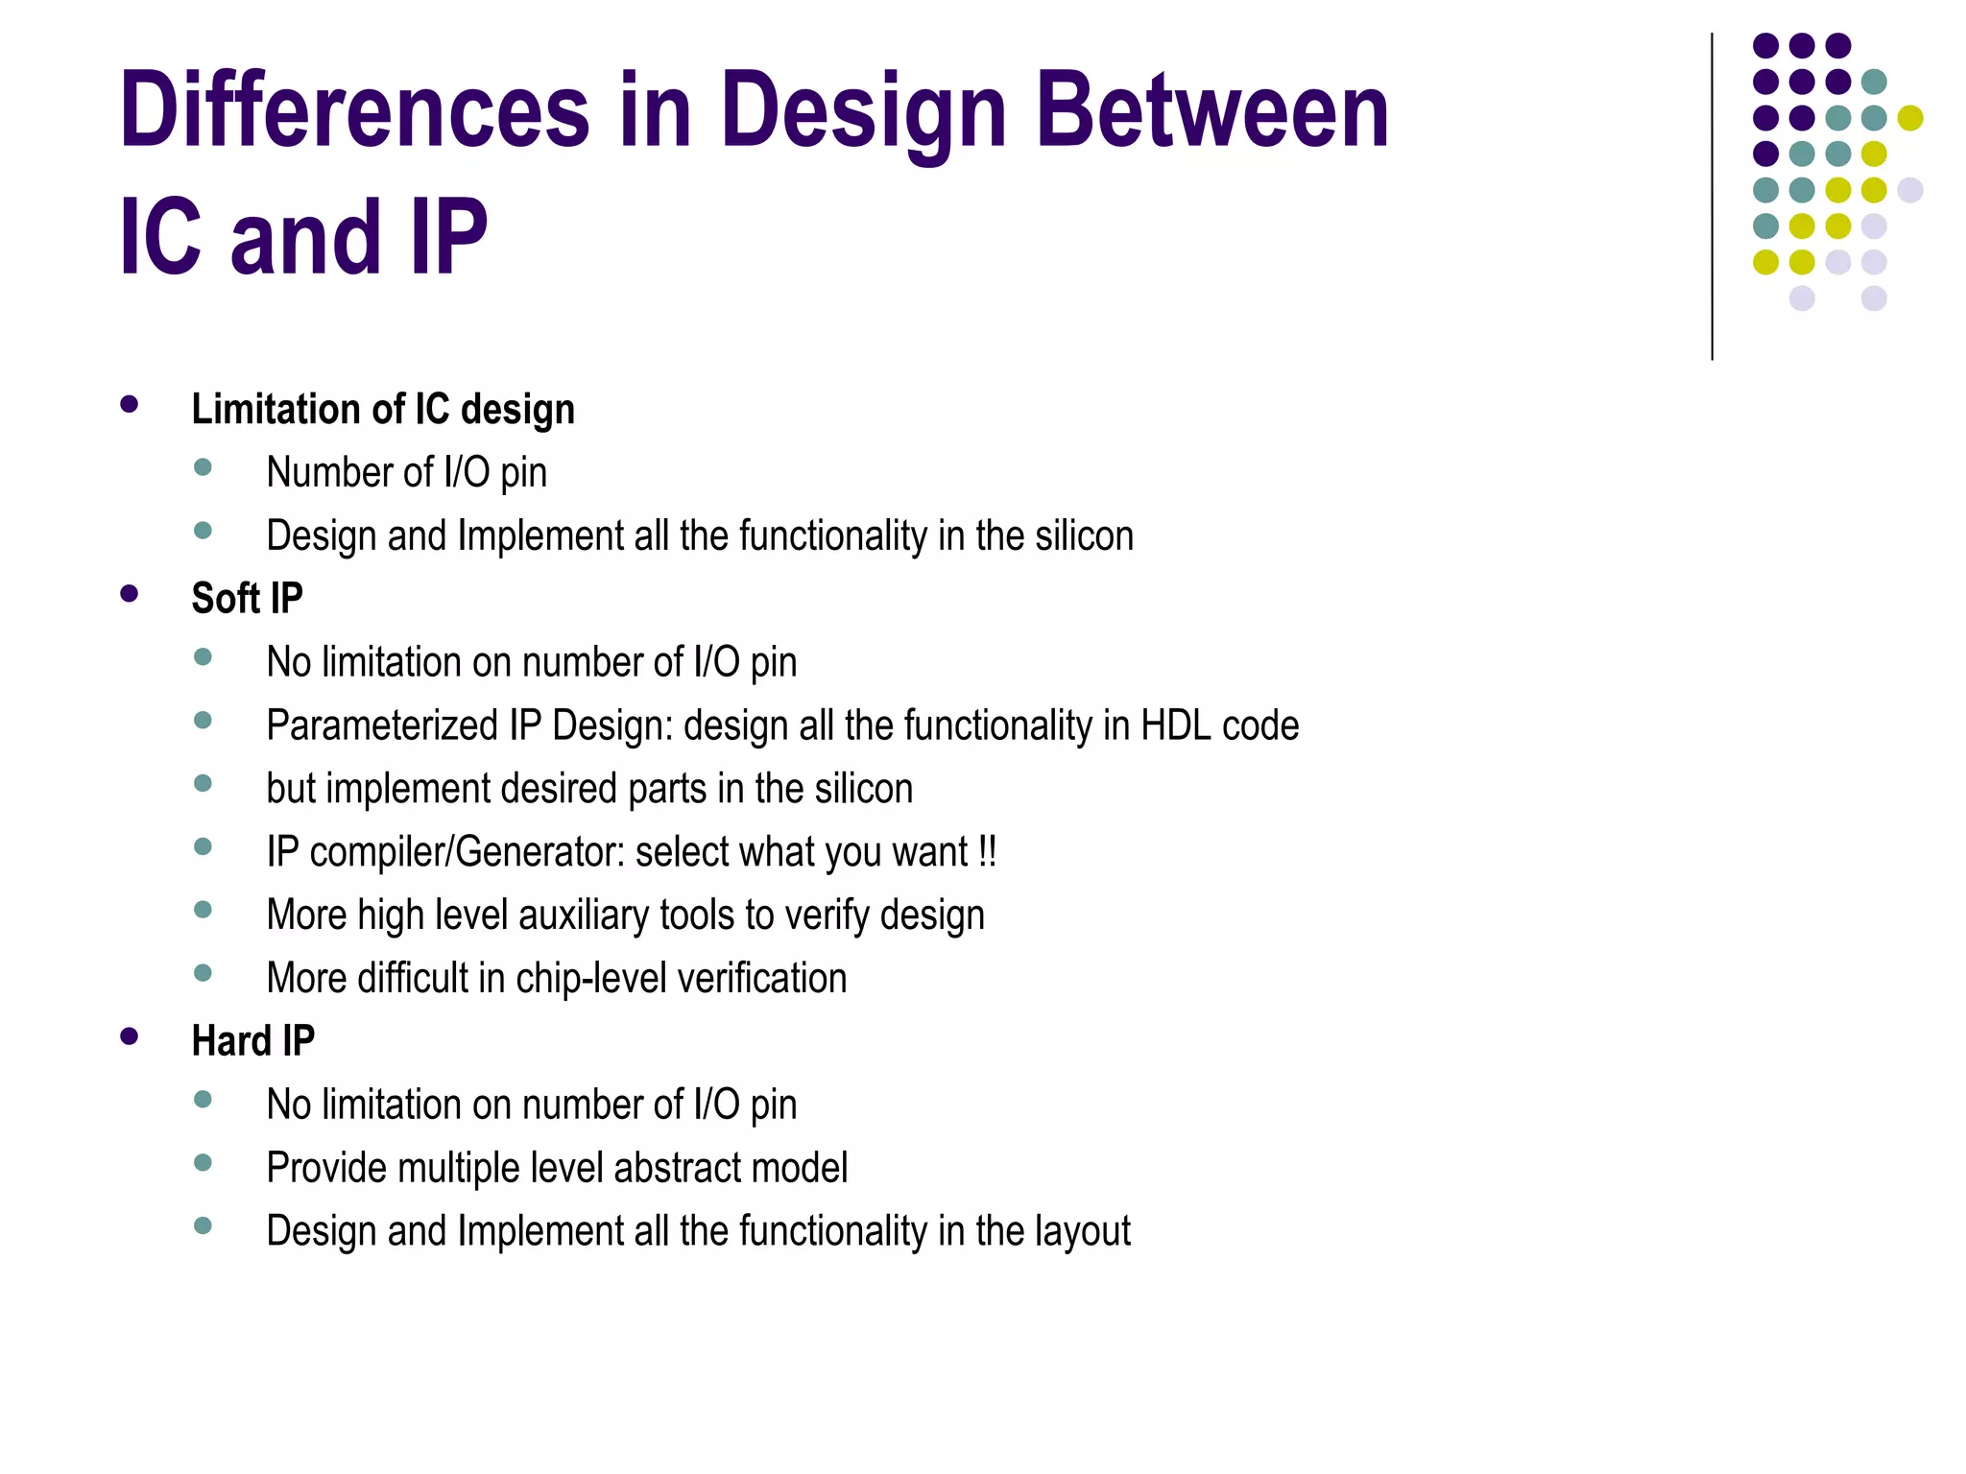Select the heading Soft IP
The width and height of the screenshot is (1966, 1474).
tap(247, 599)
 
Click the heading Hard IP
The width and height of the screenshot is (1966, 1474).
tap(252, 1041)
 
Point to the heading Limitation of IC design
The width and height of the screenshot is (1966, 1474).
tap(383, 410)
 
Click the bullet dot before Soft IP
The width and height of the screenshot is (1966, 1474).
tap(130, 594)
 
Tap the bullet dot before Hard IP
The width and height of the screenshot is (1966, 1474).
tap(130, 1036)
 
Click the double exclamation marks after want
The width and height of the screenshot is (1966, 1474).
tap(988, 852)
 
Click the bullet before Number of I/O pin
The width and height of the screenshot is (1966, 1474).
tap(203, 467)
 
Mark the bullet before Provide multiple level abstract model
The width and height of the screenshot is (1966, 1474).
tap(203, 1163)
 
